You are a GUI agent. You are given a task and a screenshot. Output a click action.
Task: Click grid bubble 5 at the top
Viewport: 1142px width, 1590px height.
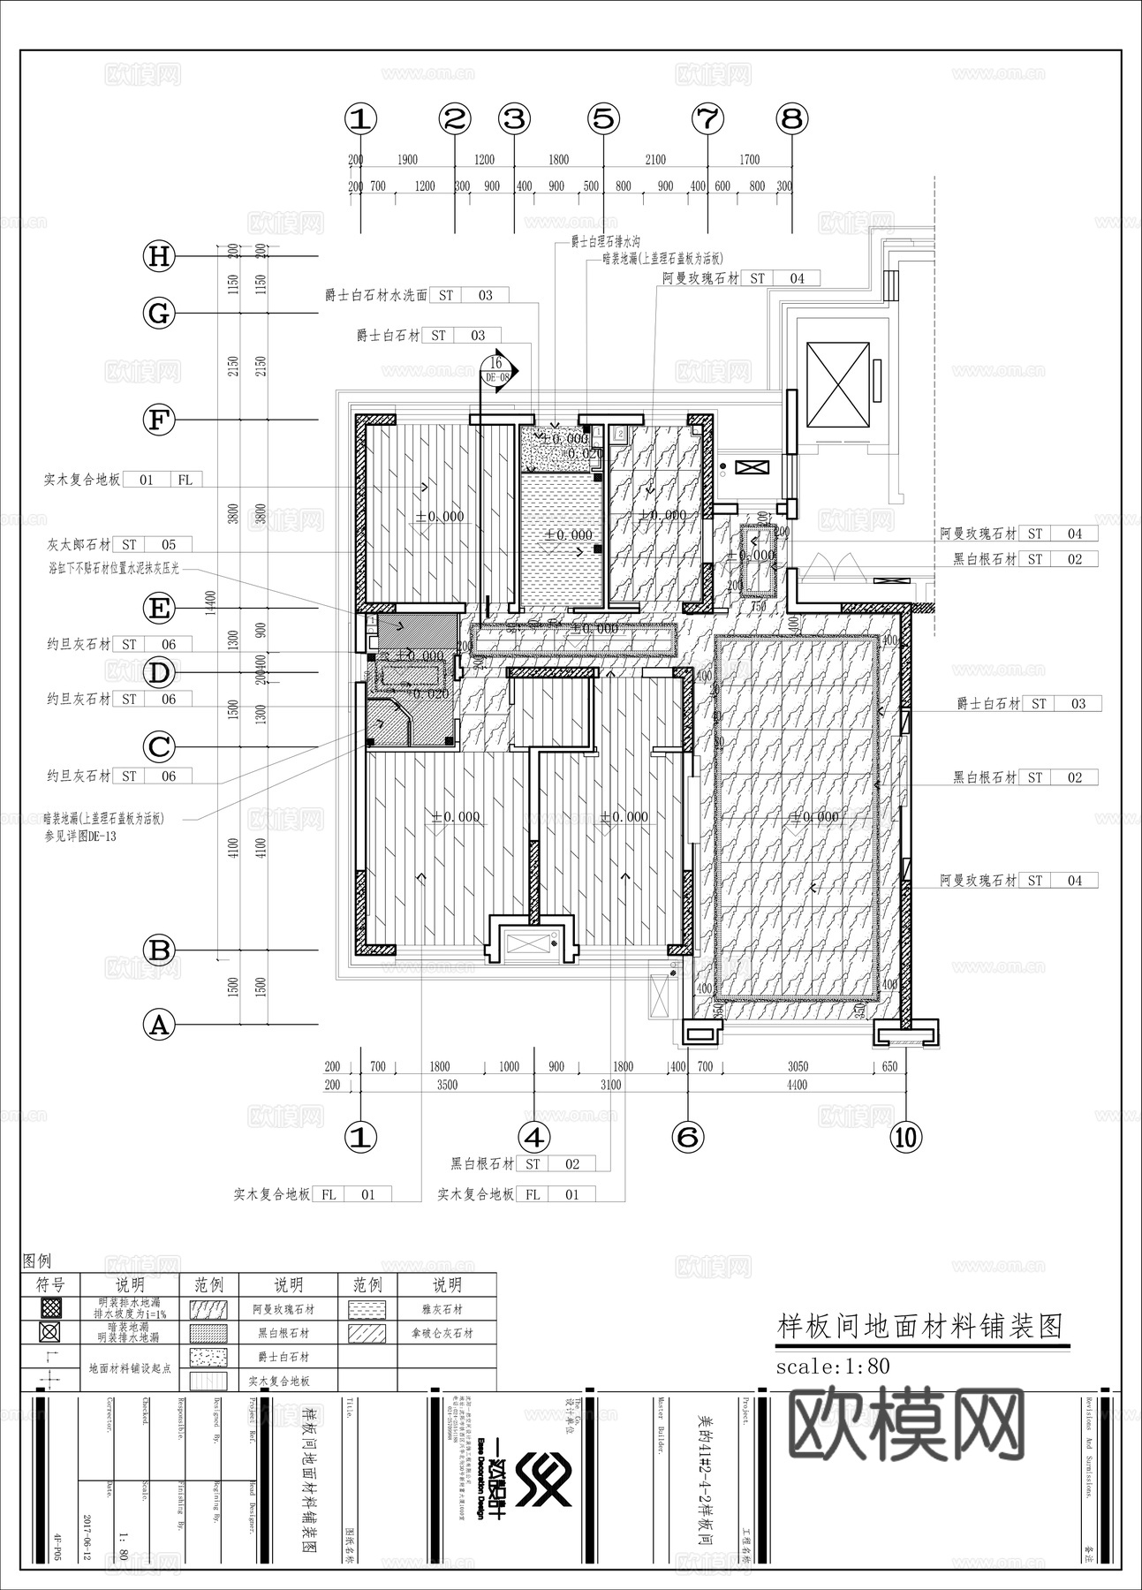tap(603, 118)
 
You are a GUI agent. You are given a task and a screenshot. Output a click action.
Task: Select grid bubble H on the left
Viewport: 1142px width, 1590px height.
tap(159, 257)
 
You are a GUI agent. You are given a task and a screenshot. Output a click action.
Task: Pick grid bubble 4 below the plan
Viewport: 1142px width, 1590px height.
tap(533, 1138)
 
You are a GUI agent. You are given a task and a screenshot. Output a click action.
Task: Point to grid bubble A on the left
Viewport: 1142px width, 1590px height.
tap(159, 1026)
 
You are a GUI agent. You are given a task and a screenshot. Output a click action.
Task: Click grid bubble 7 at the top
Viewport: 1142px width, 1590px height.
tap(707, 118)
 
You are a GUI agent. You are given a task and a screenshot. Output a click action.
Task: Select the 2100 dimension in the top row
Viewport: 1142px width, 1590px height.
tap(654, 160)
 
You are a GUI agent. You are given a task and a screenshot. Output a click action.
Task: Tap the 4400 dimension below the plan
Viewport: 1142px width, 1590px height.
tap(797, 1085)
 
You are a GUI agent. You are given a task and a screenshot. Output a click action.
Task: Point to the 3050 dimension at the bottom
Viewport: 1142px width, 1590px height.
tap(797, 1066)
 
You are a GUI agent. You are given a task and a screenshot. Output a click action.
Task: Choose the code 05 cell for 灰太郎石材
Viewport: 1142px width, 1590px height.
tap(168, 545)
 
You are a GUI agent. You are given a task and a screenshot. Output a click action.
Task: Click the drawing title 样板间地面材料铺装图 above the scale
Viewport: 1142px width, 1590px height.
tap(919, 1326)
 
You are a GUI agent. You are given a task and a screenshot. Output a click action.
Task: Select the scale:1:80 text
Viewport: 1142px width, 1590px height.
tap(832, 1367)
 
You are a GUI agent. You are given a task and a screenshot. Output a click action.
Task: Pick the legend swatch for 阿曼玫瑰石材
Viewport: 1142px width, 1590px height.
tap(208, 1309)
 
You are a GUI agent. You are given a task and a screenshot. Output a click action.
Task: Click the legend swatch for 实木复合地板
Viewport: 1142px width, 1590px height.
tap(208, 1381)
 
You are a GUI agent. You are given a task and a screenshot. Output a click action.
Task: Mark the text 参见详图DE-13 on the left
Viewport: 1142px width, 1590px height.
tap(80, 836)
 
